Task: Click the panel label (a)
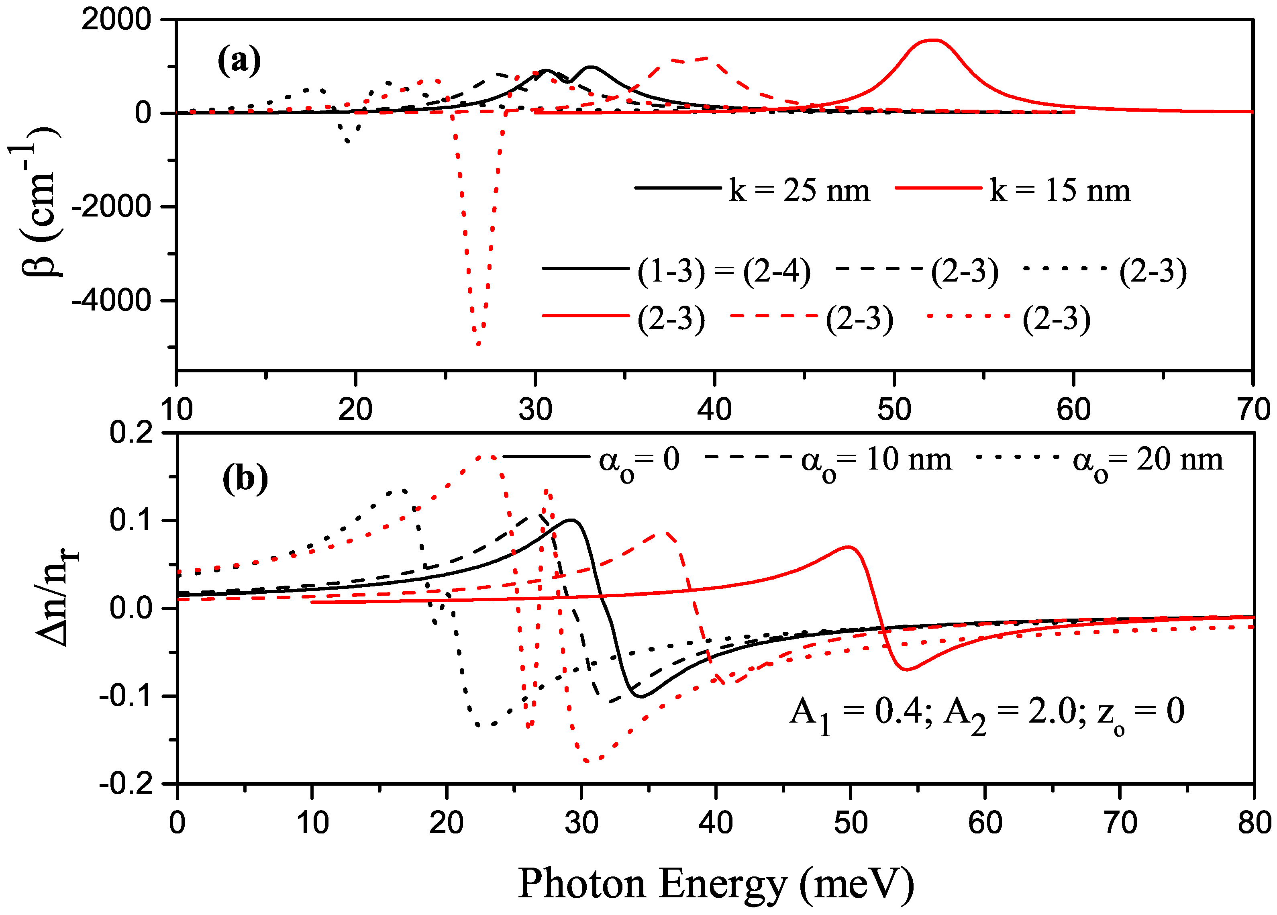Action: pyautogui.click(x=239, y=60)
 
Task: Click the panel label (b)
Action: pyautogui.click(x=245, y=479)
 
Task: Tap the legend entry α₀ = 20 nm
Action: pyautogui.click(x=1148, y=460)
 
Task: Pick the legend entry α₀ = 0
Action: pyautogui.click(x=639, y=460)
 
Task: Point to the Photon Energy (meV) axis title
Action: pyautogui.click(x=716, y=883)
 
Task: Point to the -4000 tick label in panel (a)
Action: pyautogui.click(x=112, y=300)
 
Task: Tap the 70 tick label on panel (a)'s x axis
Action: pyautogui.click(x=1253, y=409)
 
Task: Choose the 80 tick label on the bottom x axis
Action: pyautogui.click(x=1253, y=823)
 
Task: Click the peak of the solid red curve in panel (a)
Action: pyautogui.click(x=933, y=40)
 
